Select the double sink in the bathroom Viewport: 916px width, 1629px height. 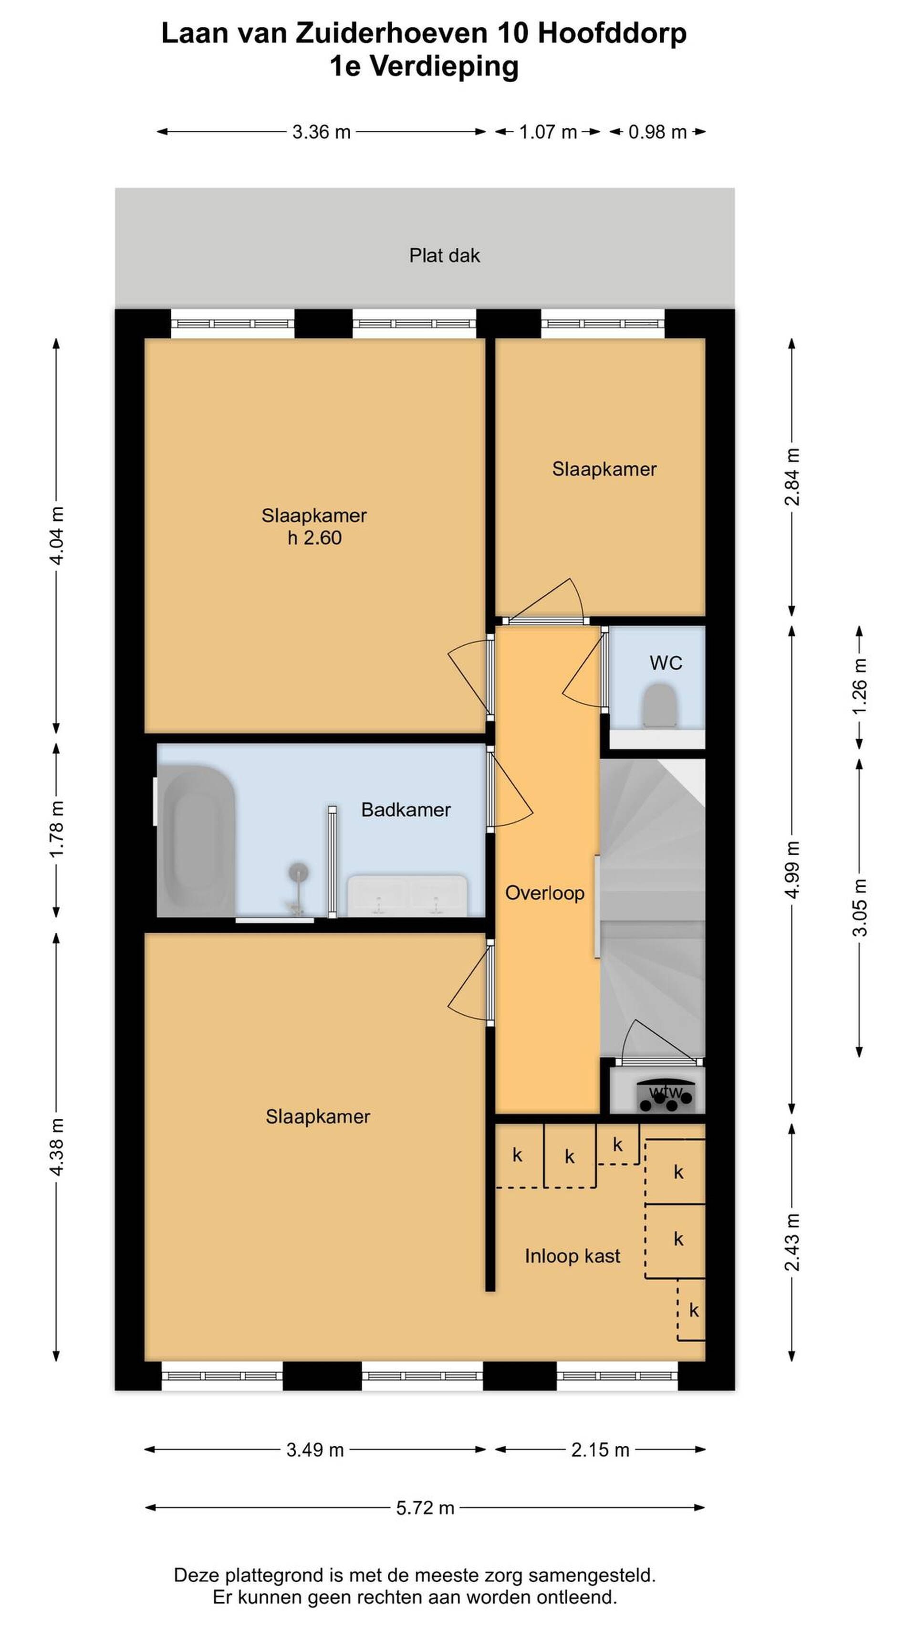pyautogui.click(x=407, y=895)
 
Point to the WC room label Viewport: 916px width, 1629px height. pyautogui.click(x=666, y=663)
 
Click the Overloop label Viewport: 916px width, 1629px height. pyautogui.click(x=544, y=893)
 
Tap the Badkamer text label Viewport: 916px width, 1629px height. pyautogui.click(x=406, y=809)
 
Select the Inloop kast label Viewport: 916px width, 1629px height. pyautogui.click(x=572, y=1256)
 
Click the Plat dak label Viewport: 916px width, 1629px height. pyautogui.click(x=445, y=255)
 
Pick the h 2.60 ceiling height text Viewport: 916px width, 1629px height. pyautogui.click(x=314, y=537)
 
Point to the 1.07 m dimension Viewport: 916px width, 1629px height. pyautogui.click(x=547, y=132)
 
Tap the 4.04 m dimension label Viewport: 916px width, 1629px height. pyautogui.click(x=57, y=536)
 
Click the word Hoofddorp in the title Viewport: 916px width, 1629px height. pyautogui.click(x=612, y=33)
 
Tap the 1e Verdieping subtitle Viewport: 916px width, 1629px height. pyautogui.click(x=424, y=66)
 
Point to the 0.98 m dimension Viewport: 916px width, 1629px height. pyautogui.click(x=657, y=132)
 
